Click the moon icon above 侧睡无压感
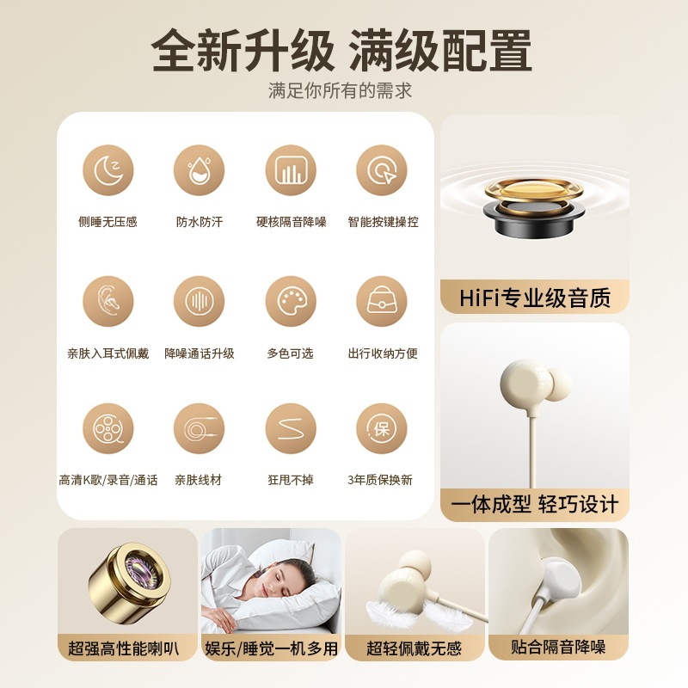(108, 170)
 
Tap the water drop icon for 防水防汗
(199, 170)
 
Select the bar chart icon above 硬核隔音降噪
(291, 170)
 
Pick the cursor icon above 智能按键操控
(382, 170)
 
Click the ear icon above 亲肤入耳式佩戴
(108, 301)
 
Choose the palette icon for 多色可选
(291, 301)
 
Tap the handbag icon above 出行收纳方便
(382, 301)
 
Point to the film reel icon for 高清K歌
(108, 428)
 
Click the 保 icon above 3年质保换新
(382, 428)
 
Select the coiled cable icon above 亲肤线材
(199, 428)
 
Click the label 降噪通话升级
(200, 353)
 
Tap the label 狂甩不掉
(291, 480)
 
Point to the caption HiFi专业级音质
(534, 298)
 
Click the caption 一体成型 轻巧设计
(534, 504)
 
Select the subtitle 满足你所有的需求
(340, 91)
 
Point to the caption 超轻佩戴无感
(415, 648)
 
